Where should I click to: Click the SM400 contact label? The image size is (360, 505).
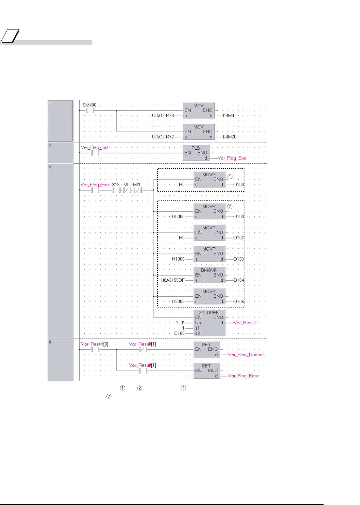tap(90, 105)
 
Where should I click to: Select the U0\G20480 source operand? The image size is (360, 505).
tap(163, 116)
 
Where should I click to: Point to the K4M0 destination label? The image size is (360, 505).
tap(228, 116)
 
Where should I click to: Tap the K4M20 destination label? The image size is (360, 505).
tap(229, 137)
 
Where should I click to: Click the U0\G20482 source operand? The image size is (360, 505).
tap(163, 137)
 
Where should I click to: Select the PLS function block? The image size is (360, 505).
tap(196, 153)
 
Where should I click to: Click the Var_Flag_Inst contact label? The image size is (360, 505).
tap(95, 147)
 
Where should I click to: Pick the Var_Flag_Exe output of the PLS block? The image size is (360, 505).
tap(231, 158)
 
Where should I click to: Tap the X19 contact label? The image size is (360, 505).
tap(116, 184)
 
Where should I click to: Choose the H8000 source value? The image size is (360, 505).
tap(178, 216)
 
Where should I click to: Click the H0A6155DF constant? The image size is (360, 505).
tap(173, 280)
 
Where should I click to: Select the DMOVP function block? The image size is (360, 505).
tap(209, 275)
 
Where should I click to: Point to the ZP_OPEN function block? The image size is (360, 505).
tap(209, 322)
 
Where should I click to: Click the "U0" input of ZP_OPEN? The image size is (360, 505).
tap(180, 323)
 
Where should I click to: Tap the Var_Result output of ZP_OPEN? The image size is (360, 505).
tap(245, 323)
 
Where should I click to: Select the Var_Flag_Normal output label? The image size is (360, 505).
tap(246, 355)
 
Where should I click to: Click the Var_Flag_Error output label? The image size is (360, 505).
tap(243, 376)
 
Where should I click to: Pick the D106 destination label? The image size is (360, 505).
tap(239, 302)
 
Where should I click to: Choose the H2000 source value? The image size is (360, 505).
tap(178, 302)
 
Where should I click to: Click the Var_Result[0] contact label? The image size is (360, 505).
tap(94, 344)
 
